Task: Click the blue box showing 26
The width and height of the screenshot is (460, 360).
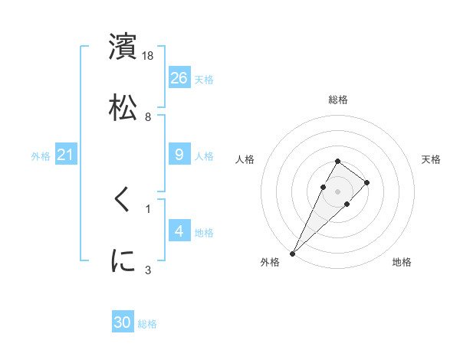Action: tap(179, 77)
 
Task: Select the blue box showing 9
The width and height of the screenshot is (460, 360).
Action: tap(179, 155)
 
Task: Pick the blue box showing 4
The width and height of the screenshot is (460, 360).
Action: tap(179, 231)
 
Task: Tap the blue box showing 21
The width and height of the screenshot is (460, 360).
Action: tap(66, 155)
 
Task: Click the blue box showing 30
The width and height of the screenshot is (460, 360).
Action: tap(123, 322)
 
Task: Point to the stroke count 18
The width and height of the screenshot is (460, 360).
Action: tap(149, 56)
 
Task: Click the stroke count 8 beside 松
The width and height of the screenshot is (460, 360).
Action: tap(148, 116)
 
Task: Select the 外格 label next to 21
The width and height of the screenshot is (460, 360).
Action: tap(41, 155)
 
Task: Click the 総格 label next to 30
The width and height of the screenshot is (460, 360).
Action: tap(147, 324)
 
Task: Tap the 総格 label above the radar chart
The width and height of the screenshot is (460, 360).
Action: tap(338, 100)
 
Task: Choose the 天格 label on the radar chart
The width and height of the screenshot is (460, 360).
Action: tap(431, 159)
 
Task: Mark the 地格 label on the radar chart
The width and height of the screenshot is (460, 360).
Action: tap(402, 262)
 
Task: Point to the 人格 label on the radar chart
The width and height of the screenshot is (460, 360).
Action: tap(245, 159)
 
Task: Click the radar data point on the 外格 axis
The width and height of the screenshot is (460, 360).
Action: tap(292, 253)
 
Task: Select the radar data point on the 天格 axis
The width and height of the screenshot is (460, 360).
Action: tap(367, 182)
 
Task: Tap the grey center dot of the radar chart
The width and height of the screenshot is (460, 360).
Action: tap(338, 191)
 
